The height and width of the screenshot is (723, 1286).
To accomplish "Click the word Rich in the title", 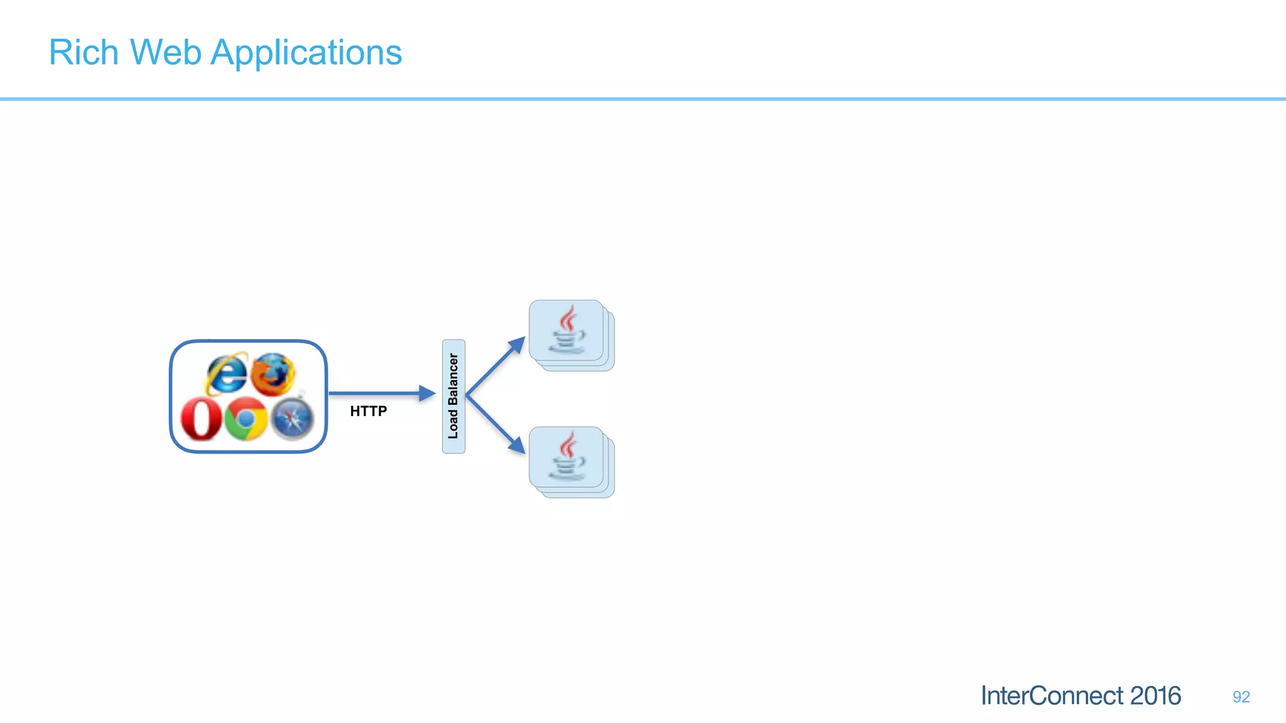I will [x=84, y=53].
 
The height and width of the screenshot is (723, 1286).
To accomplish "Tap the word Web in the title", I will [x=165, y=53].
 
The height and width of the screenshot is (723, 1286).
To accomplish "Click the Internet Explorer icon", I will [x=227, y=373].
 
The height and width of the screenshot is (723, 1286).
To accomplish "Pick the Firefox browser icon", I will [x=273, y=374].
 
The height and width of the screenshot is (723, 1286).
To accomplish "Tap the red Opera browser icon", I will [x=201, y=419].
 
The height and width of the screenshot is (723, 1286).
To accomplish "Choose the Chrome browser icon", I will [x=246, y=419].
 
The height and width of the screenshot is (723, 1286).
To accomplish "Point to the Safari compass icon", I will [x=293, y=419].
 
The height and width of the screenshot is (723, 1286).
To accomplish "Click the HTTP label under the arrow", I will [x=368, y=411].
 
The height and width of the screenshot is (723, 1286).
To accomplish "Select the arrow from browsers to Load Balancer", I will [x=377, y=394].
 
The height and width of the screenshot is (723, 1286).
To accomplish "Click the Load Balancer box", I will [x=453, y=396].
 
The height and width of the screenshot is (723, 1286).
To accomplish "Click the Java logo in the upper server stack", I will [x=568, y=329].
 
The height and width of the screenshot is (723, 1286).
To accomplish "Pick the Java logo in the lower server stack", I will [x=568, y=456].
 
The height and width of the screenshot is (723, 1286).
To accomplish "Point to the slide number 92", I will [x=1241, y=697].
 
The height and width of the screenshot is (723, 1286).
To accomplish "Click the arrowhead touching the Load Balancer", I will [x=428, y=394].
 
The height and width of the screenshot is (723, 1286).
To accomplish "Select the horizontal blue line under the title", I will [x=643, y=99].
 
